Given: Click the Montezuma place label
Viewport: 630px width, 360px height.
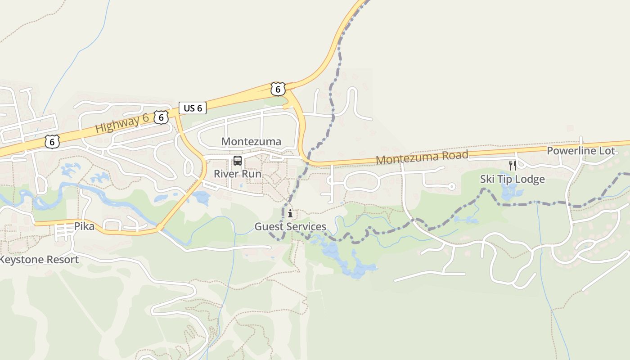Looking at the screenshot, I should point(251,142).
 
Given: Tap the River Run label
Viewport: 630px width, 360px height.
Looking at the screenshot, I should point(237,174).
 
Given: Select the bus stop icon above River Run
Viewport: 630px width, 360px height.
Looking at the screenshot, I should point(237,161).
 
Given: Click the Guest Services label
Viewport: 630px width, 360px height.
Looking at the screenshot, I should point(290,226).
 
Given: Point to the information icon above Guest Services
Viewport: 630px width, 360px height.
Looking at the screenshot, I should point(290,213).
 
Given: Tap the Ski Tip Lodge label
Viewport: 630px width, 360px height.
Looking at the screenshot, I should point(512,179).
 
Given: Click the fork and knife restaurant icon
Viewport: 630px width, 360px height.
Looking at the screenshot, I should point(512,166).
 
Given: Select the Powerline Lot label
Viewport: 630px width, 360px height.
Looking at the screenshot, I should point(580,151).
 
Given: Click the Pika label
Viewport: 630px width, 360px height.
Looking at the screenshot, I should point(85,226).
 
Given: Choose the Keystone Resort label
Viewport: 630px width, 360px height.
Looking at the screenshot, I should point(39,260).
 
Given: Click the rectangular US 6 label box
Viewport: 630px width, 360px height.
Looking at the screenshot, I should point(193,108).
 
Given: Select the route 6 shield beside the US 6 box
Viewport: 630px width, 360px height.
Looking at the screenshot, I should point(161,117).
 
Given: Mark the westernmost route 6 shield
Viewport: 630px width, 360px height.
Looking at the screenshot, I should point(52,142).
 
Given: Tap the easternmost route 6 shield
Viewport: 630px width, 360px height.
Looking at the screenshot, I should point(278,89).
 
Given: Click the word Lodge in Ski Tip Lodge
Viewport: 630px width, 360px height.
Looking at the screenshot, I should point(530,179).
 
